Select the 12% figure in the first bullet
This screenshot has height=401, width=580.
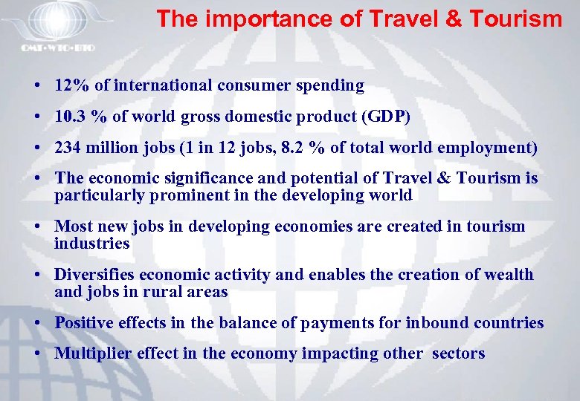71,85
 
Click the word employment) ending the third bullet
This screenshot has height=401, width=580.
487,148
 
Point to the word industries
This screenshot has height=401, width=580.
92,243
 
